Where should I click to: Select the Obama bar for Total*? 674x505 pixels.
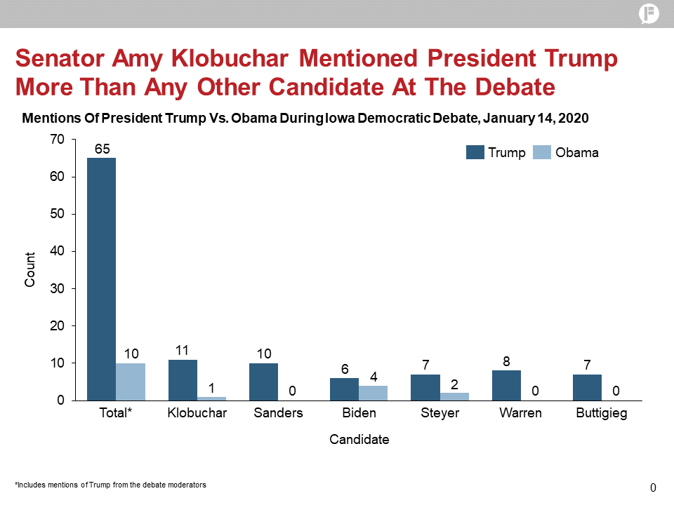(131, 382)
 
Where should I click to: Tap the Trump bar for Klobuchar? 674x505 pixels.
(183, 379)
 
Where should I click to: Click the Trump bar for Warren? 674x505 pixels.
(507, 385)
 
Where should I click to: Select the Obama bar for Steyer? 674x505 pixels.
(455, 396)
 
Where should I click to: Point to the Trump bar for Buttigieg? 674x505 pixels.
(587, 387)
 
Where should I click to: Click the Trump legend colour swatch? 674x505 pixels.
(475, 153)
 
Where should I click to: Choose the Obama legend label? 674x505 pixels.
(577, 153)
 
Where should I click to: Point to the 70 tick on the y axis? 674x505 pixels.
(58, 140)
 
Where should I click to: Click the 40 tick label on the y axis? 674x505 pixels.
(58, 251)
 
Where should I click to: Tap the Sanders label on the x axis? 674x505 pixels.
(278, 413)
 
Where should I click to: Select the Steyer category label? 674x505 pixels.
(440, 413)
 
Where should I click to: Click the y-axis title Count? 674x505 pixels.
(30, 270)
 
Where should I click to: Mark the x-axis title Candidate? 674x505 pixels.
(359, 440)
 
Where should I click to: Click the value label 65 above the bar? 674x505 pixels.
(103, 149)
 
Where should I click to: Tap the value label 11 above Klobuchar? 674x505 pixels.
(183, 350)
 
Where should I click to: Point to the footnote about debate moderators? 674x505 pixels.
(111, 485)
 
